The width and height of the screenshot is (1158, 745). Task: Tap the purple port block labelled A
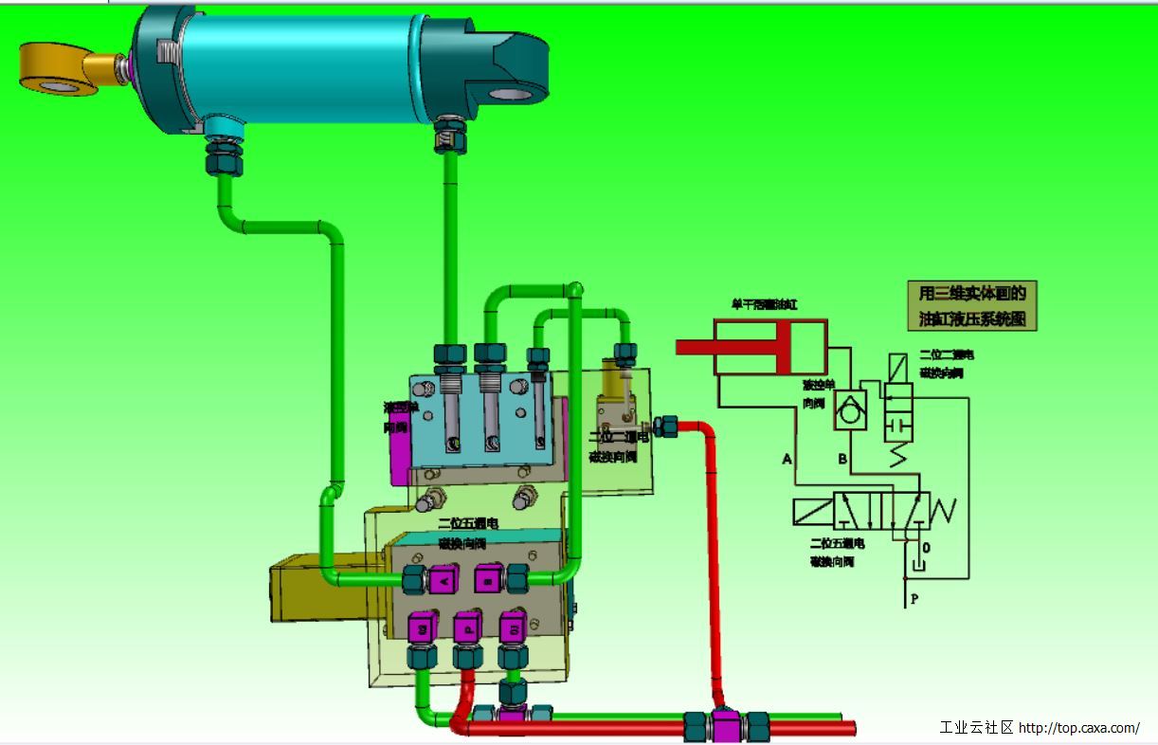442,578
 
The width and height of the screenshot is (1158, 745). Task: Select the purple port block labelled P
467,627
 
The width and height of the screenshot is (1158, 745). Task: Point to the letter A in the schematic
787,460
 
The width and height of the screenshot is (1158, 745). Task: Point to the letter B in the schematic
841,461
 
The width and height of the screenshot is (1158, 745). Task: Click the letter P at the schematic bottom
914,599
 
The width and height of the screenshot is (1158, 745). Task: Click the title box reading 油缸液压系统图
972,306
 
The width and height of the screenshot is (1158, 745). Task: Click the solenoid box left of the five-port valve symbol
813,512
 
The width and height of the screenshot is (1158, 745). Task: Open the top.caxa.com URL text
1079,728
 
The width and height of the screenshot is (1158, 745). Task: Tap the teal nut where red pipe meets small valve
665,426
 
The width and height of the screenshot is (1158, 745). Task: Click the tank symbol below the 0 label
914,566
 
